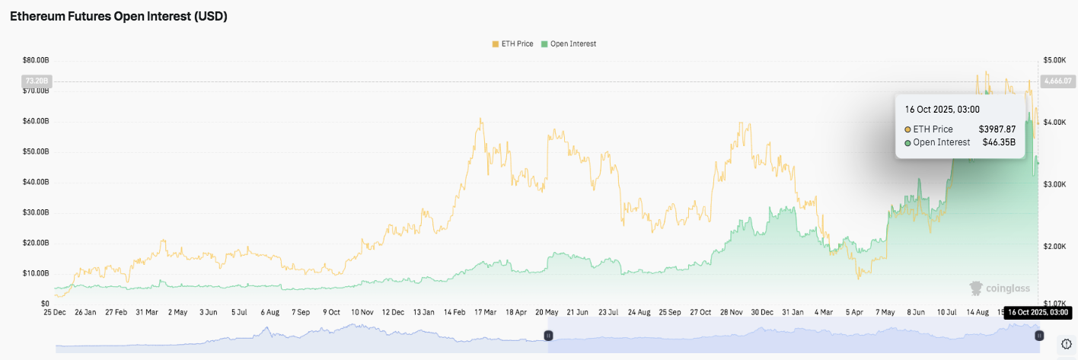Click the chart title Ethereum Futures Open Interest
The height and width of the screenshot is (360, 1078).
118,17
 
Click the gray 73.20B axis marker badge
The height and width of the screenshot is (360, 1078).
37,81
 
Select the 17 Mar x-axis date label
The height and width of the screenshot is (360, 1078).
484,312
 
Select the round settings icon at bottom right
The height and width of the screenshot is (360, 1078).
1066,344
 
